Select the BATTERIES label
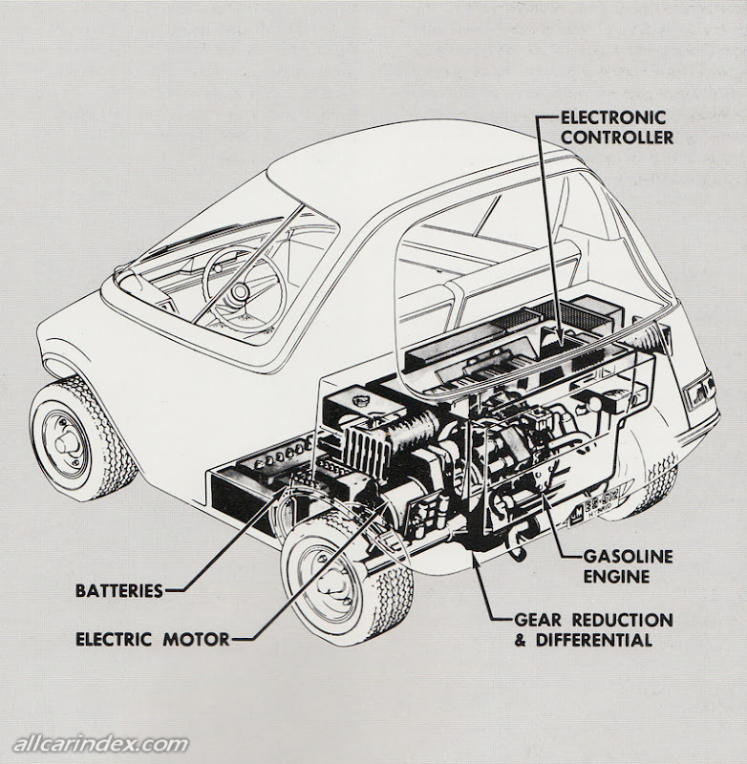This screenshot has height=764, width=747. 119,590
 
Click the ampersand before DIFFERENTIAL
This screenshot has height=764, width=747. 521,639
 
